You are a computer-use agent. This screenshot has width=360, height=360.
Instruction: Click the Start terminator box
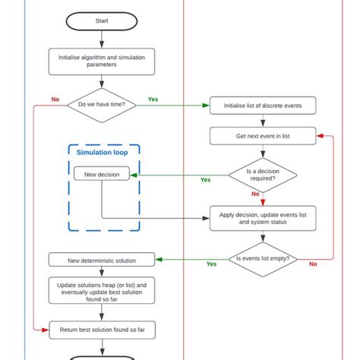coord(102,21)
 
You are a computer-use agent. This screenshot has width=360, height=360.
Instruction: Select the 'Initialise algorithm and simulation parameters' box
coord(102,60)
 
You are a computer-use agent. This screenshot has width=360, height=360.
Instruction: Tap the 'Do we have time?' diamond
coord(102,105)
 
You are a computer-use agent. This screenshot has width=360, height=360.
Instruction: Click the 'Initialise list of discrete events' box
coord(263,106)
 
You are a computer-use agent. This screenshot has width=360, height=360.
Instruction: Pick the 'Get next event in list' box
coord(263,136)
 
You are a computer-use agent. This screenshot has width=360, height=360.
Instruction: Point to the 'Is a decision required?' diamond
coord(263,174)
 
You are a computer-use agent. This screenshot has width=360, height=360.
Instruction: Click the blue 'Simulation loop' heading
coord(102,153)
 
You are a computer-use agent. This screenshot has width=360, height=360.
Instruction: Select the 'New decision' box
coord(102,175)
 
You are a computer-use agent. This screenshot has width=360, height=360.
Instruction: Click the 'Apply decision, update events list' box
coord(263,218)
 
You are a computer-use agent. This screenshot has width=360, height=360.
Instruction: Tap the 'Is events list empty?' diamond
coord(263,258)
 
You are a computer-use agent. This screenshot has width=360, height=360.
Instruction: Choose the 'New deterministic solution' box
coord(102,261)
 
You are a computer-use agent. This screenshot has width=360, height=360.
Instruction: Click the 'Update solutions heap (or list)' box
coord(102,292)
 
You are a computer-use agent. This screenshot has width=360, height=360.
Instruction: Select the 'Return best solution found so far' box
coord(102,328)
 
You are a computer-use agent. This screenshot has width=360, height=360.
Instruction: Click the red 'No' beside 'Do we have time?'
coord(55,99)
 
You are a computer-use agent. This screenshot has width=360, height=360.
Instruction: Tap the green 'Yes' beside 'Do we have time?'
coord(153,99)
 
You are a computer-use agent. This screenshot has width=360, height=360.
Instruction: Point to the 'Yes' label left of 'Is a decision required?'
coord(205,180)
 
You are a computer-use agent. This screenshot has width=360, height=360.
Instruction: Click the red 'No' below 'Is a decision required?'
coord(255,194)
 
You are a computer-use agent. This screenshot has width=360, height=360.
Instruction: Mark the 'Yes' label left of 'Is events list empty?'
coord(211,264)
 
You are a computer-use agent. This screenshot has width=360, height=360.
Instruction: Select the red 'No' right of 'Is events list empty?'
coord(313,264)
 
